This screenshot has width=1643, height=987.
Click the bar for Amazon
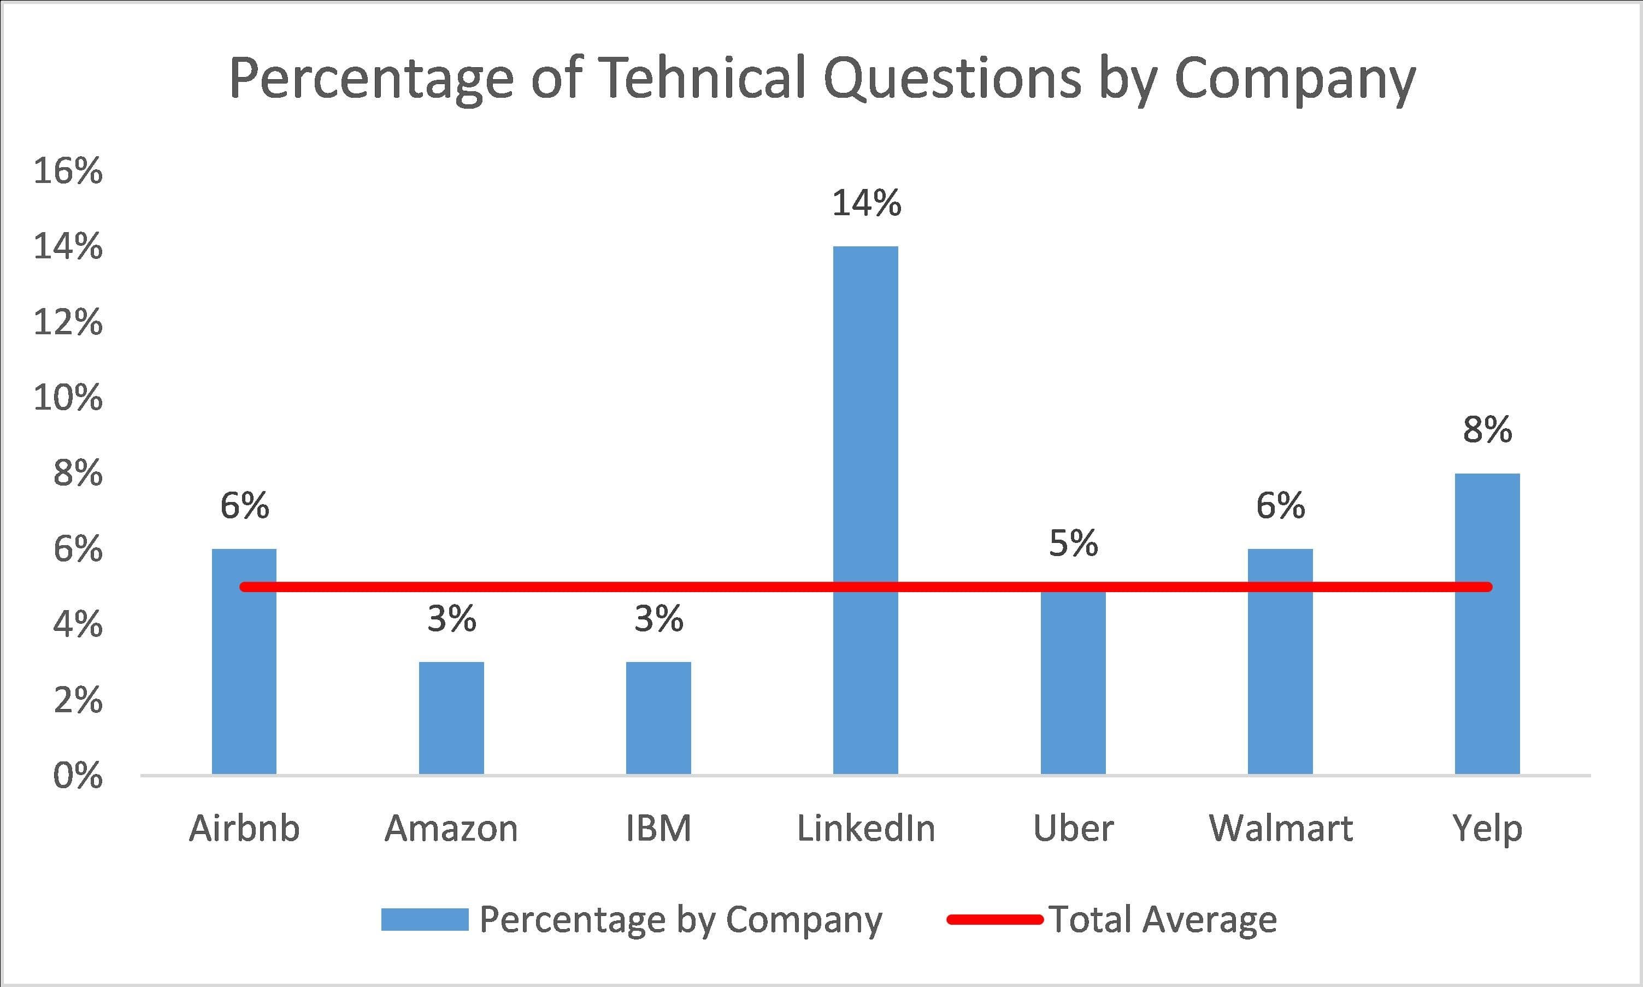click(451, 718)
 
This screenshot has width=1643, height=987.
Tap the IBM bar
click(658, 718)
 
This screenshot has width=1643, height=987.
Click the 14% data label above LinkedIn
click(866, 204)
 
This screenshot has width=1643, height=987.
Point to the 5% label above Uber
click(1073, 544)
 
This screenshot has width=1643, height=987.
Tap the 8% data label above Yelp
click(1487, 430)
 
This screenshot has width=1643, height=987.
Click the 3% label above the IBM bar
click(658, 620)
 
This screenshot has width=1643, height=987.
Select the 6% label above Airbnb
click(245, 507)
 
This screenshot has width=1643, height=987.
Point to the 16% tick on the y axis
click(68, 172)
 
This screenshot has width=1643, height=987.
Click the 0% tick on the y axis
click(78, 776)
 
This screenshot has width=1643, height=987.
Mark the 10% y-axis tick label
click(68, 398)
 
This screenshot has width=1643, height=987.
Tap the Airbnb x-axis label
click(244, 829)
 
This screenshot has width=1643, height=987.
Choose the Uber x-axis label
click(1073, 829)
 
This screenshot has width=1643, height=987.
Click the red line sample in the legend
click(994, 920)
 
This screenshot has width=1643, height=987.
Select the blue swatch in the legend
click(425, 920)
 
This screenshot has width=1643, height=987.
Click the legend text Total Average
click(1163, 920)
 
